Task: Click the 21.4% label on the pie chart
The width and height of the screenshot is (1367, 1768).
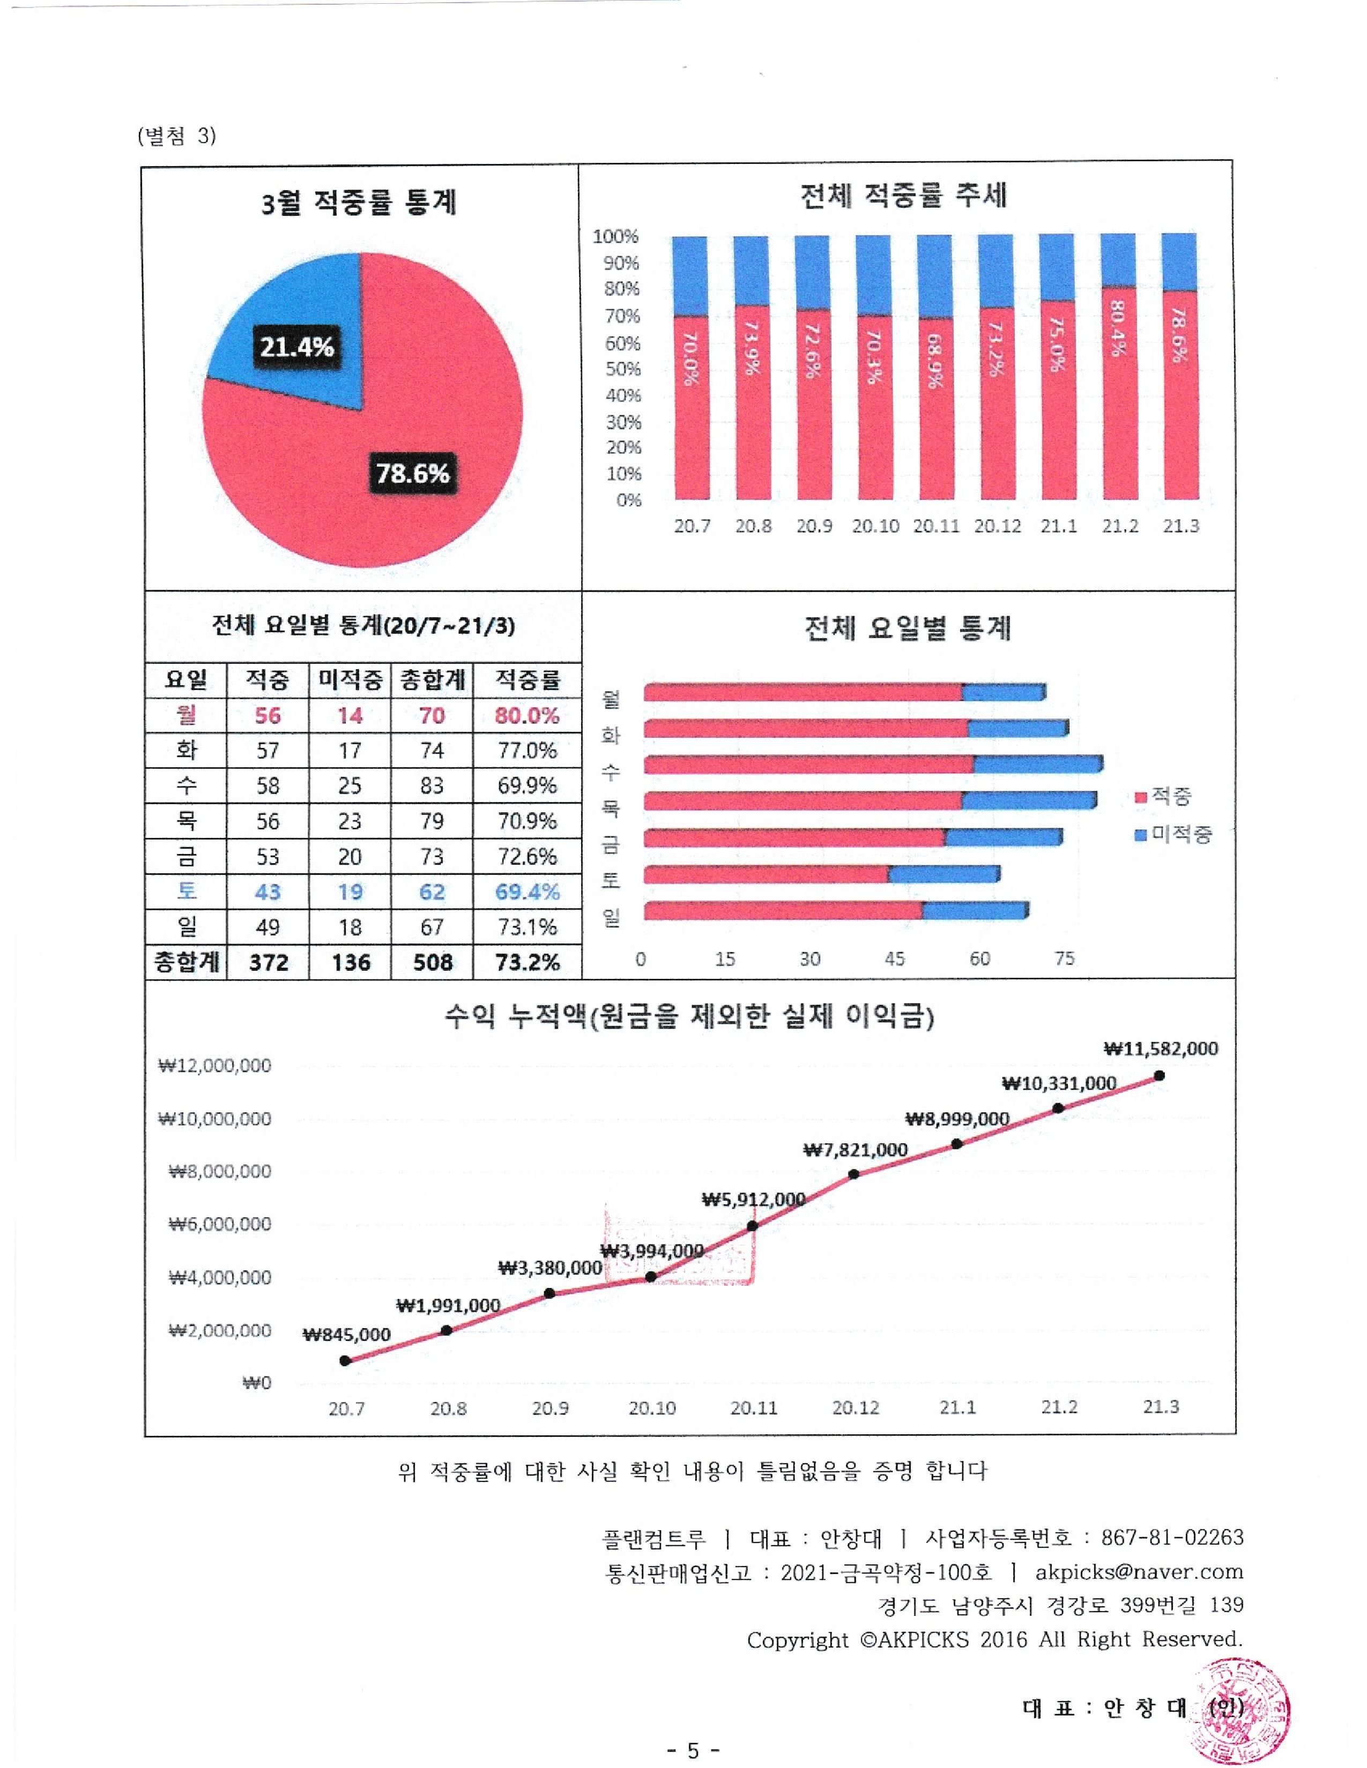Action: (x=296, y=347)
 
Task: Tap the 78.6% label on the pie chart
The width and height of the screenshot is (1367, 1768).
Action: (x=412, y=473)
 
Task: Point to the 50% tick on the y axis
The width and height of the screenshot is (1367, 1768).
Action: (x=622, y=369)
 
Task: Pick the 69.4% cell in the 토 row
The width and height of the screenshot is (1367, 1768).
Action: (x=527, y=892)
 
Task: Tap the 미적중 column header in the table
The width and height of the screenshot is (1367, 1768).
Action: (x=350, y=680)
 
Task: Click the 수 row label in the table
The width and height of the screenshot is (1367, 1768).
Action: (x=186, y=785)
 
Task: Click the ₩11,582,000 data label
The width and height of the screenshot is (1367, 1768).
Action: (x=1161, y=1048)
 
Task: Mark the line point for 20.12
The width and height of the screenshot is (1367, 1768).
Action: (x=855, y=1174)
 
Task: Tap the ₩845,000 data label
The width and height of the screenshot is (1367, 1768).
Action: (x=347, y=1334)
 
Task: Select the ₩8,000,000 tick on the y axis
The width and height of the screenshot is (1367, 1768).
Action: (x=219, y=1171)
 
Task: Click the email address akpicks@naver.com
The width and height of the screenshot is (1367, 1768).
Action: (x=1139, y=1571)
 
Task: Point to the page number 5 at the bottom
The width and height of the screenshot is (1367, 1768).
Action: (x=693, y=1750)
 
